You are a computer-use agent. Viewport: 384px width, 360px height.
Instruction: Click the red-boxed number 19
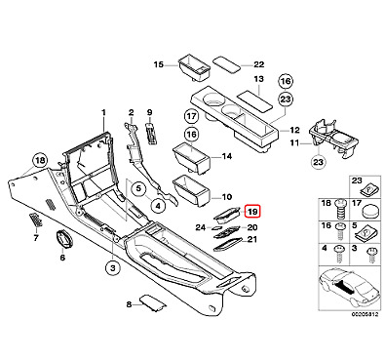pos(252,213)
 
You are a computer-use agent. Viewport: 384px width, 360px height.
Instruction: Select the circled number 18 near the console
pos(40,160)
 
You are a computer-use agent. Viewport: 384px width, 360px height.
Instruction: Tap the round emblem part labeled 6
pos(62,238)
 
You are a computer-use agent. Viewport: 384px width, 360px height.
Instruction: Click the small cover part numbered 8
pos(153,303)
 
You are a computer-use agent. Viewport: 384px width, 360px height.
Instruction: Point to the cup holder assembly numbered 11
pos(334,138)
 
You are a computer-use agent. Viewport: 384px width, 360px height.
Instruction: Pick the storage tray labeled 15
pos(193,67)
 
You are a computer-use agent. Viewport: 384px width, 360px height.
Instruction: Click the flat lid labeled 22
pos(227,63)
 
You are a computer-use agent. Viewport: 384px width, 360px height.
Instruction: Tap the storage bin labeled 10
pos(191,190)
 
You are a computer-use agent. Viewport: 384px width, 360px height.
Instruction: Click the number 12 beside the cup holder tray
pos(294,131)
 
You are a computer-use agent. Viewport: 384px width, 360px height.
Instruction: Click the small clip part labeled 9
pos(150,133)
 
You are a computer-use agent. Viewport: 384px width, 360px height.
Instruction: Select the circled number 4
pos(158,206)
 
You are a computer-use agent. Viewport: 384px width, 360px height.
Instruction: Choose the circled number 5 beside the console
pos(138,188)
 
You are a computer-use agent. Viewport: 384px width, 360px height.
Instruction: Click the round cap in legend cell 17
pos(369,212)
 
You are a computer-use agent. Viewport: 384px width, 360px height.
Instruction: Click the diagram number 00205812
pos(365,315)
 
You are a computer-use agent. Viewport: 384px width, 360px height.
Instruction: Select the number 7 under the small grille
pos(36,238)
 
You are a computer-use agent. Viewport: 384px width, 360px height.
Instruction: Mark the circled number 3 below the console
pos(113,268)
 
